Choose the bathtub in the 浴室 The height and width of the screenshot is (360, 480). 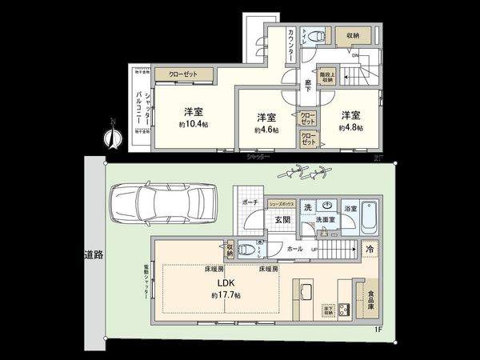coord(373,216)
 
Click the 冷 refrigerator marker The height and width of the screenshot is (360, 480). coord(370,248)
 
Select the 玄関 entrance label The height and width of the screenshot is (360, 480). coord(283,220)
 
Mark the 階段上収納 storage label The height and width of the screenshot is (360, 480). coord(326,76)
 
